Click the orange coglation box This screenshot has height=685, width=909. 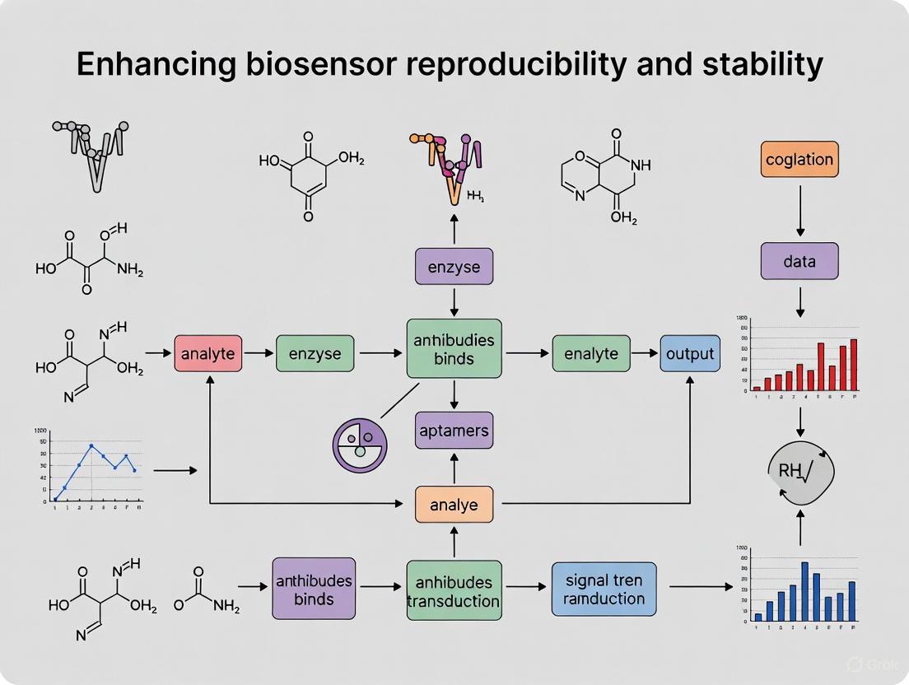[x=799, y=160]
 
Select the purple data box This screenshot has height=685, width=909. [x=799, y=261]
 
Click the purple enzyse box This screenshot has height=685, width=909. [x=454, y=266]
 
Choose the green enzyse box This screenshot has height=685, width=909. [x=314, y=354]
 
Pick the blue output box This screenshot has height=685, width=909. [x=690, y=354]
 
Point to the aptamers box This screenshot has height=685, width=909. [x=454, y=430]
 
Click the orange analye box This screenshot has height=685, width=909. [x=454, y=504]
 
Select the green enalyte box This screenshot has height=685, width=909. [x=590, y=354]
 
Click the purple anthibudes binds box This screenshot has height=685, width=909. [x=314, y=589]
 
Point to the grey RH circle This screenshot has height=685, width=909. [x=799, y=471]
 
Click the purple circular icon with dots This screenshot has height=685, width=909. [x=360, y=445]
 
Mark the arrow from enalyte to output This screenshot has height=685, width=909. [x=645, y=354]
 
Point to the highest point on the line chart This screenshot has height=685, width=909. [x=91, y=445]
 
